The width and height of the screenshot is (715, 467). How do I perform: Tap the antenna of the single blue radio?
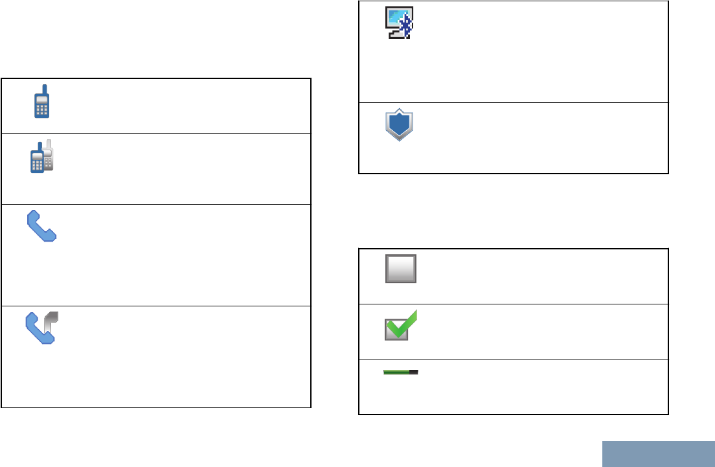[x=45, y=89]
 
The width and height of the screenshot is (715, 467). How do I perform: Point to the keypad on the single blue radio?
[x=42, y=109]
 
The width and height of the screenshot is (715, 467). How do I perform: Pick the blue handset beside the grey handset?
[x=38, y=330]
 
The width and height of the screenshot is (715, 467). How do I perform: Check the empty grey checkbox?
[x=401, y=268]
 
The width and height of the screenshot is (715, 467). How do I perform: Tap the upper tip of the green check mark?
[x=415, y=313]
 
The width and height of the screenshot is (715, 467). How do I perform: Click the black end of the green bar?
[x=414, y=372]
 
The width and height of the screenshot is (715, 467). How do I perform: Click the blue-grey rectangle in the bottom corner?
[x=658, y=454]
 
